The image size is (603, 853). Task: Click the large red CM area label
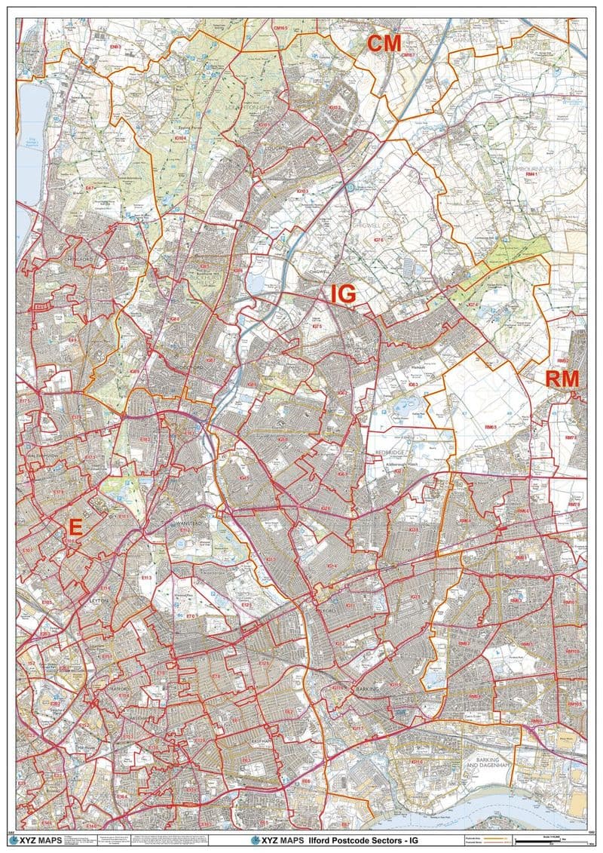point(384,43)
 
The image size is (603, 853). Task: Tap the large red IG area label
point(343,293)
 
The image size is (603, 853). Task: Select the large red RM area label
point(562,379)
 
